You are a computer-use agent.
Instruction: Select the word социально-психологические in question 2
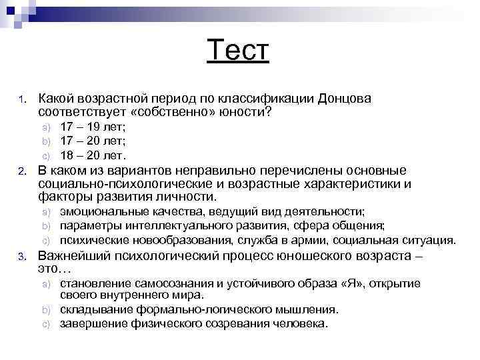pyautogui.click(x=117, y=183)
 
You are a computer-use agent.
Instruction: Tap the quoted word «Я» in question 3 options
pyautogui.click(x=350, y=283)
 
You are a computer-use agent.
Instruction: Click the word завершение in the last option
pyautogui.click(x=91, y=323)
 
